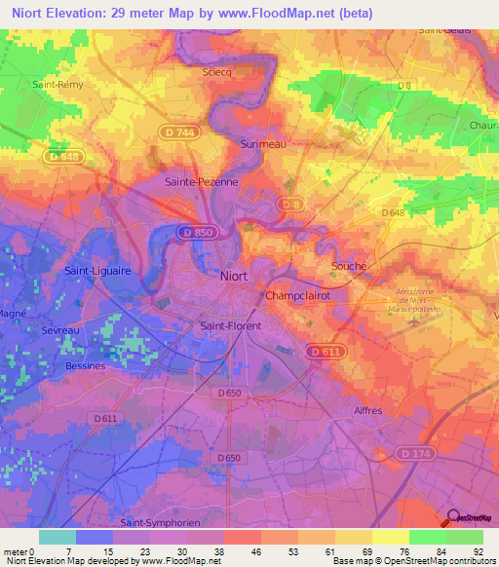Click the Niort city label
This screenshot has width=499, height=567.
click(x=233, y=276)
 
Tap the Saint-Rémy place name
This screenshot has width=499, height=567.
click(x=58, y=85)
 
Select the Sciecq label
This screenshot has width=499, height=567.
click(x=217, y=72)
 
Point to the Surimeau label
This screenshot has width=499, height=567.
click(x=262, y=144)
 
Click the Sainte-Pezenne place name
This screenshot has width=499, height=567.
click(x=202, y=181)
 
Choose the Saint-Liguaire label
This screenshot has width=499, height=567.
click(x=97, y=270)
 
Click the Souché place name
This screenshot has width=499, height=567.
click(x=350, y=266)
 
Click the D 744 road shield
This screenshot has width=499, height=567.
click(x=178, y=130)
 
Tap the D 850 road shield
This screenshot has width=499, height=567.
click(x=198, y=233)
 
